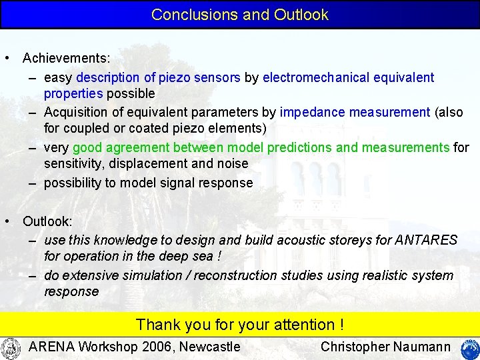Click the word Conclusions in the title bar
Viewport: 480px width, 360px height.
pos(185,15)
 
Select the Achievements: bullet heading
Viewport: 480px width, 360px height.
pos(67,59)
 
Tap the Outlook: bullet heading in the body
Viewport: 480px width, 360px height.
pos(47,221)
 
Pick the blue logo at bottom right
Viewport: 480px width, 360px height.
pos(469,349)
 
